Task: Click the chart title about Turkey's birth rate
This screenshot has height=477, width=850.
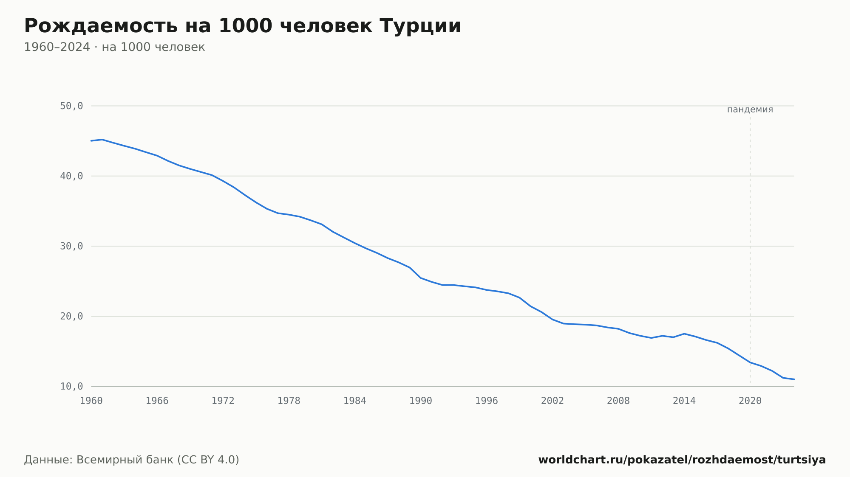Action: pos(242,26)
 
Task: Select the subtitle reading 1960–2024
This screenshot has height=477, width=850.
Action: pos(114,47)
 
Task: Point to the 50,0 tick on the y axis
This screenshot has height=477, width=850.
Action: pos(71,106)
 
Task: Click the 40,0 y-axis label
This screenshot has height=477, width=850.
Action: pos(71,176)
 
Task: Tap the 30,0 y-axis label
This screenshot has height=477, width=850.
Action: pos(71,246)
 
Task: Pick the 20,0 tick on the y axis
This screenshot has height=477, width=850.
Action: pos(71,316)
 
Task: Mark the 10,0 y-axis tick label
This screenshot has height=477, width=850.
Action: pos(71,386)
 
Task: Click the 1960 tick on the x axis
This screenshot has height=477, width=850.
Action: pos(91,401)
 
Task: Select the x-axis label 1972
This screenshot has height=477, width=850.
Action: pos(223,401)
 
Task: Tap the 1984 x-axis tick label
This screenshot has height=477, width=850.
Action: pos(355,401)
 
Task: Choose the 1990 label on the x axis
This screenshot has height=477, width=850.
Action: pos(421,401)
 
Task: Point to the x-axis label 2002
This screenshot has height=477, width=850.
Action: pos(552,401)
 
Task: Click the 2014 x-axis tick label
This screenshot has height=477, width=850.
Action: pos(684,401)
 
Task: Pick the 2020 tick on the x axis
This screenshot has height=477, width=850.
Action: pos(750,401)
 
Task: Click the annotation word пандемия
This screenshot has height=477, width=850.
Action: pos(750,109)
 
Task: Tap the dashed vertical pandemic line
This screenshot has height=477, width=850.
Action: pos(750,250)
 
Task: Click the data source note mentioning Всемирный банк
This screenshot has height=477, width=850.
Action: pos(132,460)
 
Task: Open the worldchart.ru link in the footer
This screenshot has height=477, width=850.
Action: pos(682,460)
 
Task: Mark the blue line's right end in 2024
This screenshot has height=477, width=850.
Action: pos(794,379)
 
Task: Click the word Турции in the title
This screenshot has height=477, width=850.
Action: pos(420,26)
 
